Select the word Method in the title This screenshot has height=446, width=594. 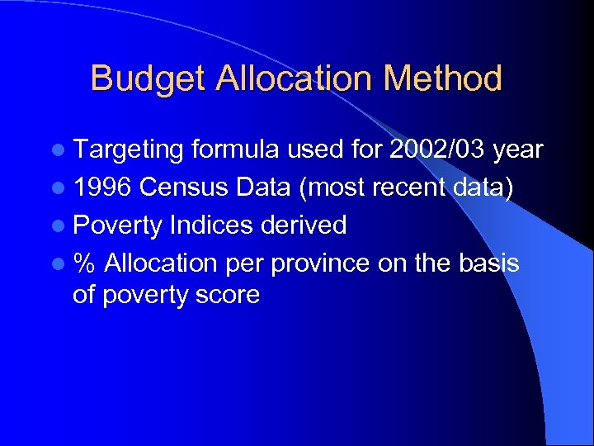[x=443, y=79]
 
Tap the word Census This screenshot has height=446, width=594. [x=183, y=187]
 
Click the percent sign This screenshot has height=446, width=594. [x=84, y=263]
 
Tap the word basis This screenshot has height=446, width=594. [x=489, y=263]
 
